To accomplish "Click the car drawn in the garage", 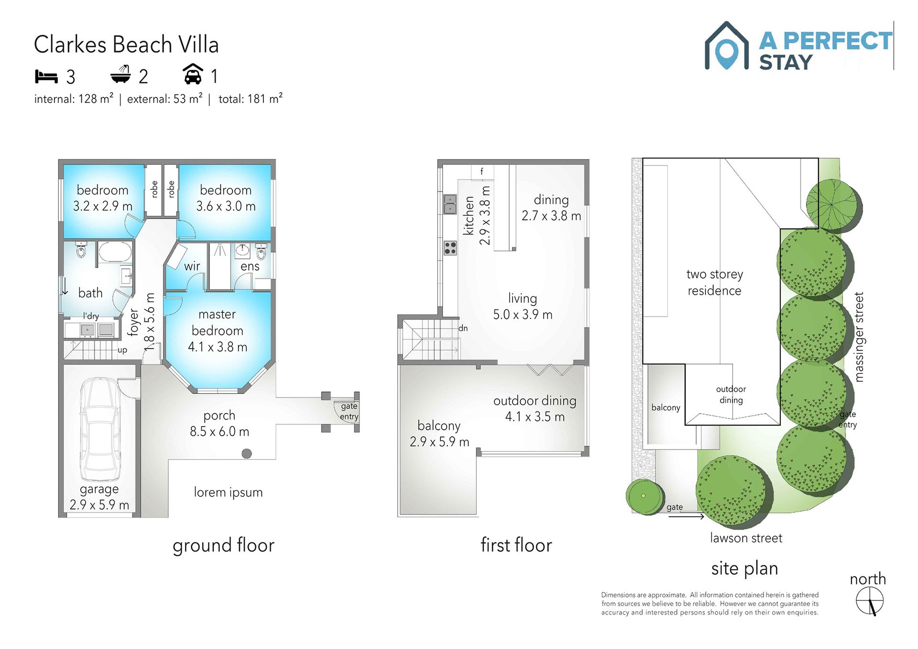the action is click(x=99, y=429).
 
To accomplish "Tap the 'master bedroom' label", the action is click(x=218, y=322).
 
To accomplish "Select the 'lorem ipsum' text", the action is click(x=228, y=492).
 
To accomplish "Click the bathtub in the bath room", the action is click(x=115, y=252).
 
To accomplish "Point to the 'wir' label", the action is click(x=192, y=266).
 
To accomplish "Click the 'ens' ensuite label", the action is click(x=250, y=266).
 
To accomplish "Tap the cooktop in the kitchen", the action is click(x=450, y=248).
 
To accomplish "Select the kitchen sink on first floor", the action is click(x=450, y=204).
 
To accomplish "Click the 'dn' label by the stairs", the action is click(x=463, y=328).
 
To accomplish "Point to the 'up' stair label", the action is click(x=122, y=350).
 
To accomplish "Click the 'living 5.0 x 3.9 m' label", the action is click(x=523, y=306).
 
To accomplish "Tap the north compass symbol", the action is click(x=870, y=601).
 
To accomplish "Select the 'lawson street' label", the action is click(x=746, y=538).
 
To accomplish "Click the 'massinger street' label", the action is click(x=859, y=337).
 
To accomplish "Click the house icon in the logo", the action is click(x=726, y=46).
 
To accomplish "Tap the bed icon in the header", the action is click(x=46, y=76).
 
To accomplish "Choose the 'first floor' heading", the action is click(x=516, y=545).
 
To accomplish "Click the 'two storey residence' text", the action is click(x=714, y=282).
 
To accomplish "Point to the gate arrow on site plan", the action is click(x=686, y=516).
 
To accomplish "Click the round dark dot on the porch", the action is click(x=247, y=453).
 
